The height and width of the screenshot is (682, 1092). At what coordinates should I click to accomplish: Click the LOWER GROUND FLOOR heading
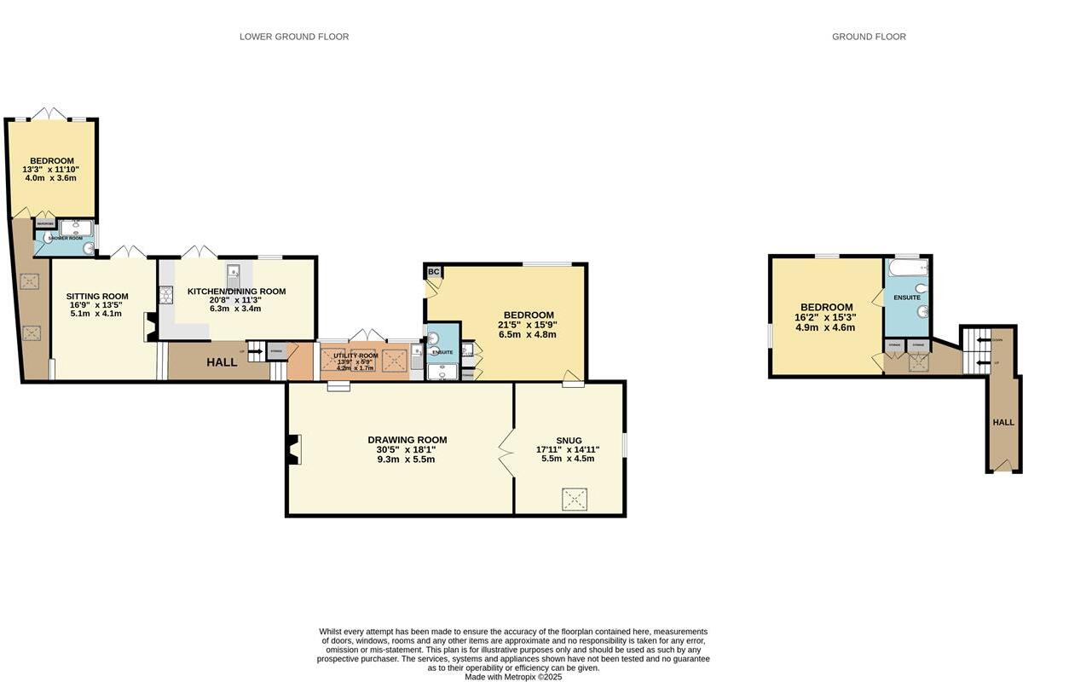point(294,37)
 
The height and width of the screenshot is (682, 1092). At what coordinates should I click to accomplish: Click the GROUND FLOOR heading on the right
point(869,37)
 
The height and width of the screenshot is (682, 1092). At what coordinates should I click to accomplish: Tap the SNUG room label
point(569,441)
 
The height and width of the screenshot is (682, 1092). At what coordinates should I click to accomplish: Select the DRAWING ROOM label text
point(407,440)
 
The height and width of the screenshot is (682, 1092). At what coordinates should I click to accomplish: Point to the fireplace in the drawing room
point(294,449)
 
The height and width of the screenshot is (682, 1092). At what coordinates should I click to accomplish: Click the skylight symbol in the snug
point(575,499)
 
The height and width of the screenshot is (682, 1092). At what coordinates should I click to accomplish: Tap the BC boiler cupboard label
point(433,272)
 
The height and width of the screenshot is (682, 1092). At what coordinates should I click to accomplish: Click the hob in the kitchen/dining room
point(165,296)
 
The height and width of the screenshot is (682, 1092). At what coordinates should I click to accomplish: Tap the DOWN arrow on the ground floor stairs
point(985,339)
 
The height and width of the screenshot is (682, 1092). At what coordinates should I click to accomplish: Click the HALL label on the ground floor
point(1003,422)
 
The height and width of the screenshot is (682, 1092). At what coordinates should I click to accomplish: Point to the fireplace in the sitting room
point(150,327)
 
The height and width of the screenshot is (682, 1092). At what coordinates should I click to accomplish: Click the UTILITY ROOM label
point(355,355)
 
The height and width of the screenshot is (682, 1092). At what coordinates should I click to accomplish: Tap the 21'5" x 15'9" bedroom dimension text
point(528,325)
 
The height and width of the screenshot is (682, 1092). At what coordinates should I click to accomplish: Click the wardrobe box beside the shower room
point(45,225)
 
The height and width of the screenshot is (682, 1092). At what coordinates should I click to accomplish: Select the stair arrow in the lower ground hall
point(254,351)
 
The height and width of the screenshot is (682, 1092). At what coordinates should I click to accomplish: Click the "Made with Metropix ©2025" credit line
point(513,676)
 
